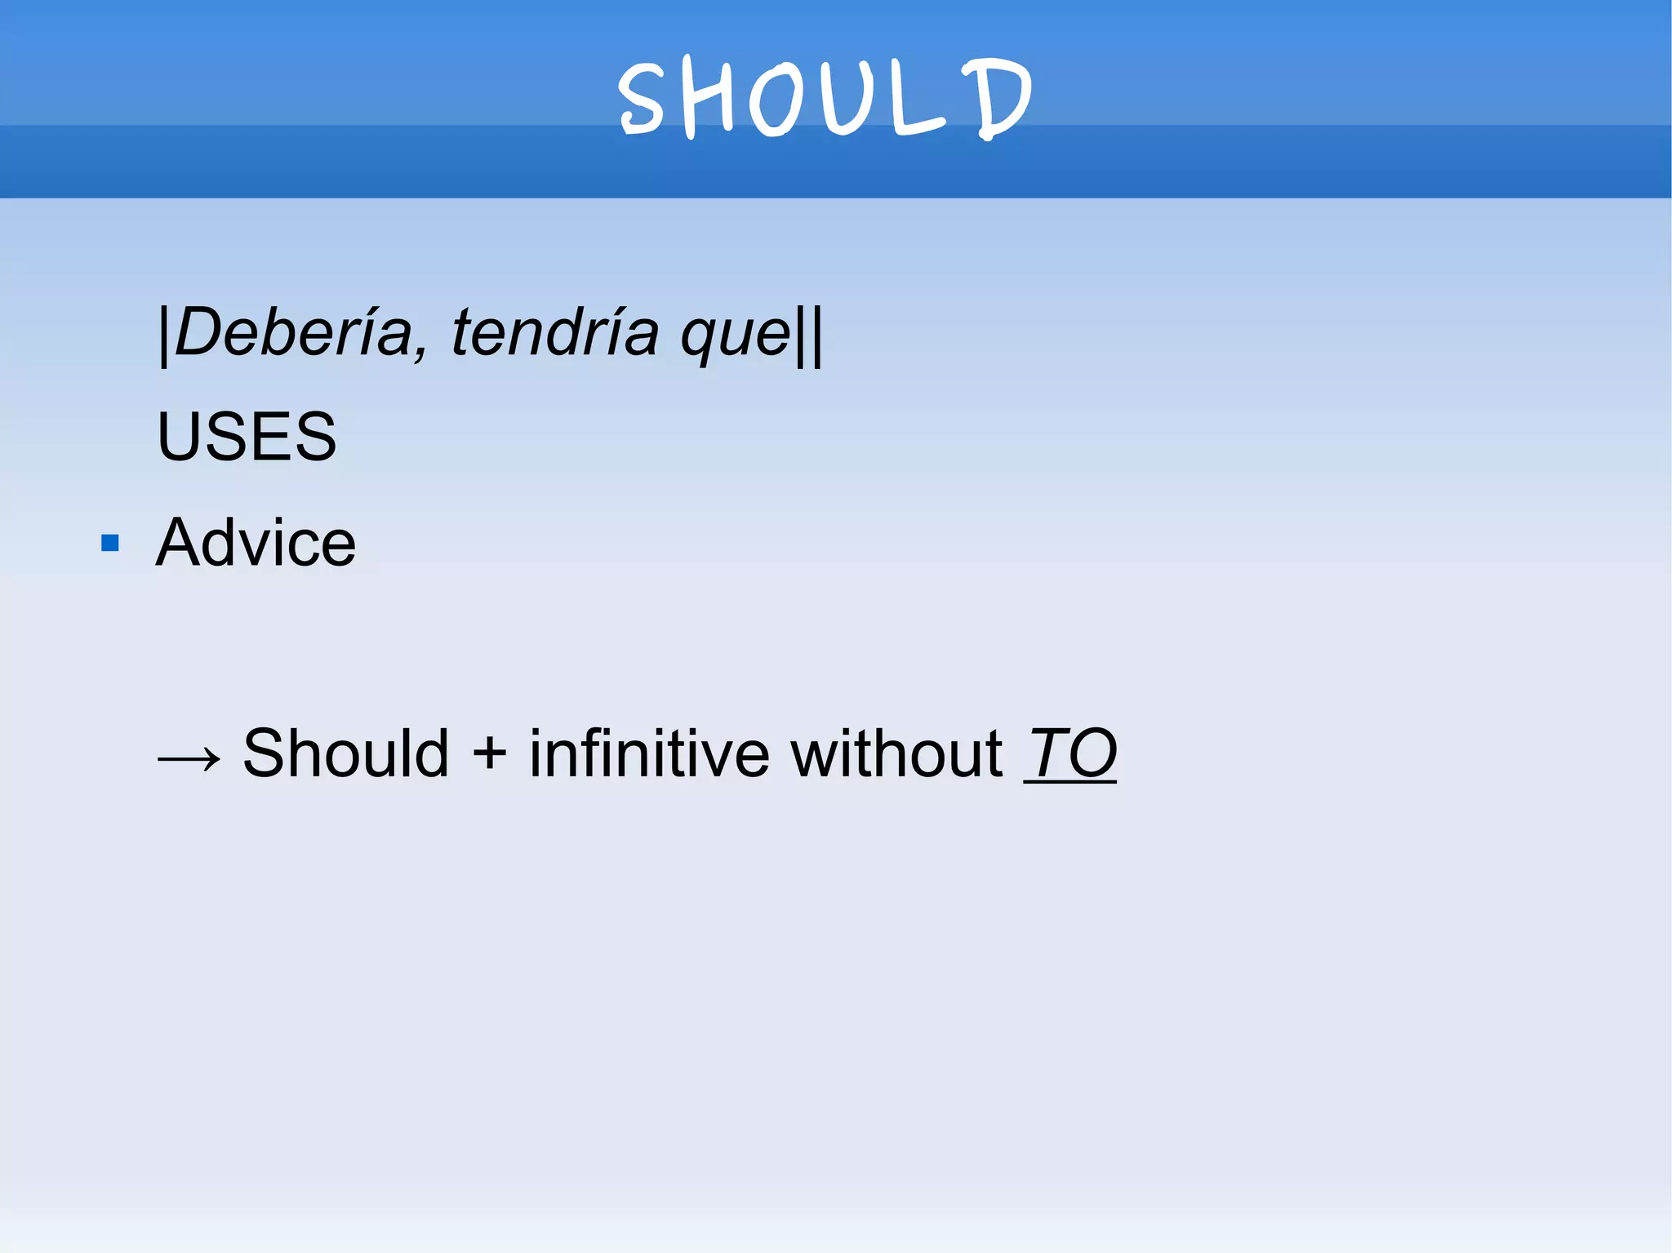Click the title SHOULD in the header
[825, 98]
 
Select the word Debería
[294, 333]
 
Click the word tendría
[555, 333]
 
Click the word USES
[247, 437]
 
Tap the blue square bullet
[110, 543]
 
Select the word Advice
[256, 543]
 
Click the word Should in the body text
[346, 753]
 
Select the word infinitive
[649, 753]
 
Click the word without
[896, 753]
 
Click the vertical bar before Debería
[164, 335]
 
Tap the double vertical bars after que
[809, 335]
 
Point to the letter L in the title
[914, 100]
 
